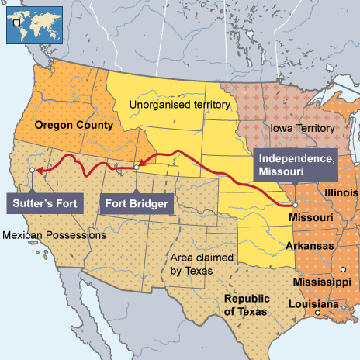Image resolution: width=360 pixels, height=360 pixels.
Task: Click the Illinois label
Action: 341,192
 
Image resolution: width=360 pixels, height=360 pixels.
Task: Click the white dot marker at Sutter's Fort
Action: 30,168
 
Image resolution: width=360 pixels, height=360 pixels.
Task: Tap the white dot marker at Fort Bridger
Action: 136,167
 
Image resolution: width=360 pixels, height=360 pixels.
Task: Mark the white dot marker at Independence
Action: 295,205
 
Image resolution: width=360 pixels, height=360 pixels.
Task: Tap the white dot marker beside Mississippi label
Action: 342,269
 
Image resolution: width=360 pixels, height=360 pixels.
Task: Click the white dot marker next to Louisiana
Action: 317,314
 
